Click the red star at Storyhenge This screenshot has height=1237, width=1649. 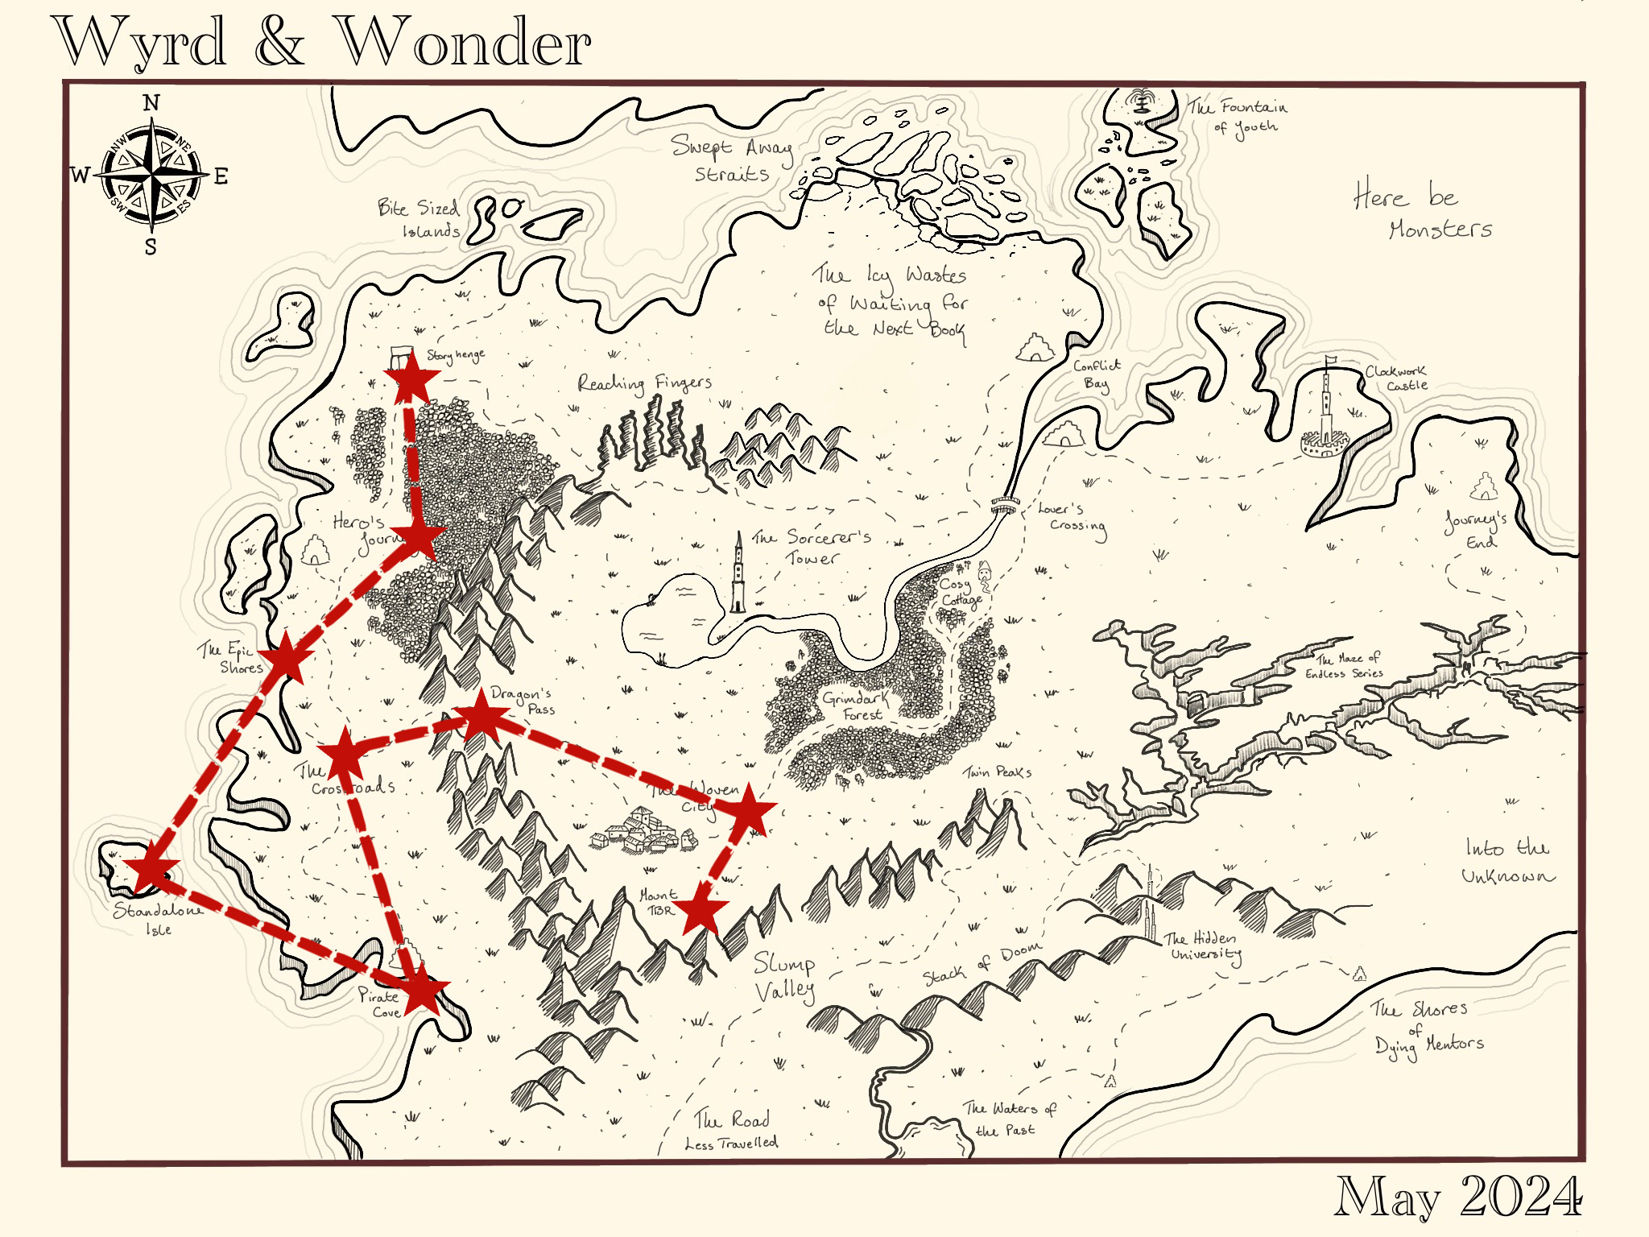point(412,378)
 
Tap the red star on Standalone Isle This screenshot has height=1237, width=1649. point(150,870)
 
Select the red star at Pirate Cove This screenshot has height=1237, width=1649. point(422,990)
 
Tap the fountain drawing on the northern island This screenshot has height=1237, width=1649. point(1140,101)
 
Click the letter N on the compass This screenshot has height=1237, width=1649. point(151,103)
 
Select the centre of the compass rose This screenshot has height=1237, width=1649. point(153,172)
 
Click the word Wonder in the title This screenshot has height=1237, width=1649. point(463,43)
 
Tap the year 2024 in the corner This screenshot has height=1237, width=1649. point(1521,1197)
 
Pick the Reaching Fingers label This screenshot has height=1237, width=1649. point(644,383)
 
